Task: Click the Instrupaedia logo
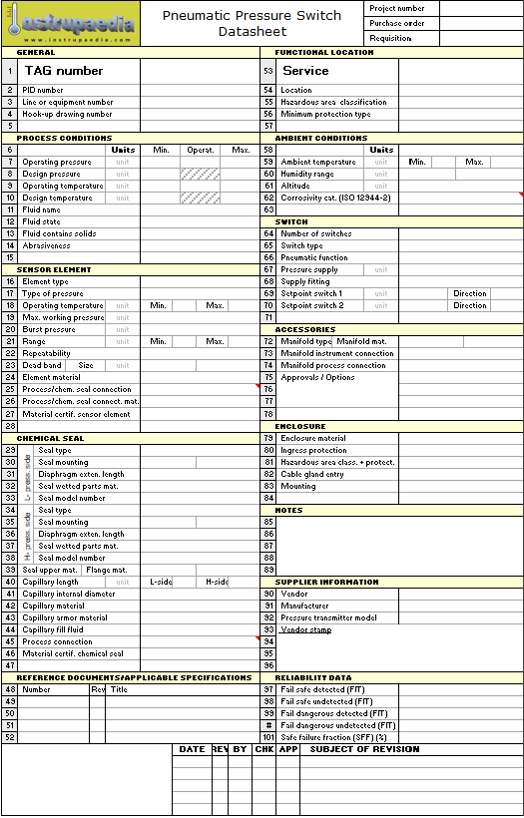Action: click(71, 24)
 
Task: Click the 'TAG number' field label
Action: click(64, 71)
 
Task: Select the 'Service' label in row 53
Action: click(305, 71)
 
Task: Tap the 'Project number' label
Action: click(396, 8)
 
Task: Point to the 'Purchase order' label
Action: click(396, 23)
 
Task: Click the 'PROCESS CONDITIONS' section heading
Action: click(65, 138)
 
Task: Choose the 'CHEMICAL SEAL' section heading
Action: click(51, 438)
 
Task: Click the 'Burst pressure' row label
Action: click(49, 329)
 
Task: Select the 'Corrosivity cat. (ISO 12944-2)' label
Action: click(335, 198)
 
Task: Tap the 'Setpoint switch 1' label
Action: click(311, 293)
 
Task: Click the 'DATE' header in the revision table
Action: click(192, 749)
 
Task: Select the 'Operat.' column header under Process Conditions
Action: click(200, 150)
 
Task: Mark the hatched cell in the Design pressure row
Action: click(200, 174)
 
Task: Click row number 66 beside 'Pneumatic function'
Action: click(268, 257)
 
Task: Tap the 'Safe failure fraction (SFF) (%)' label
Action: click(333, 737)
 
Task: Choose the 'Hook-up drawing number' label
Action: click(67, 114)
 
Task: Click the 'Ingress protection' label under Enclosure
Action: click(313, 450)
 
